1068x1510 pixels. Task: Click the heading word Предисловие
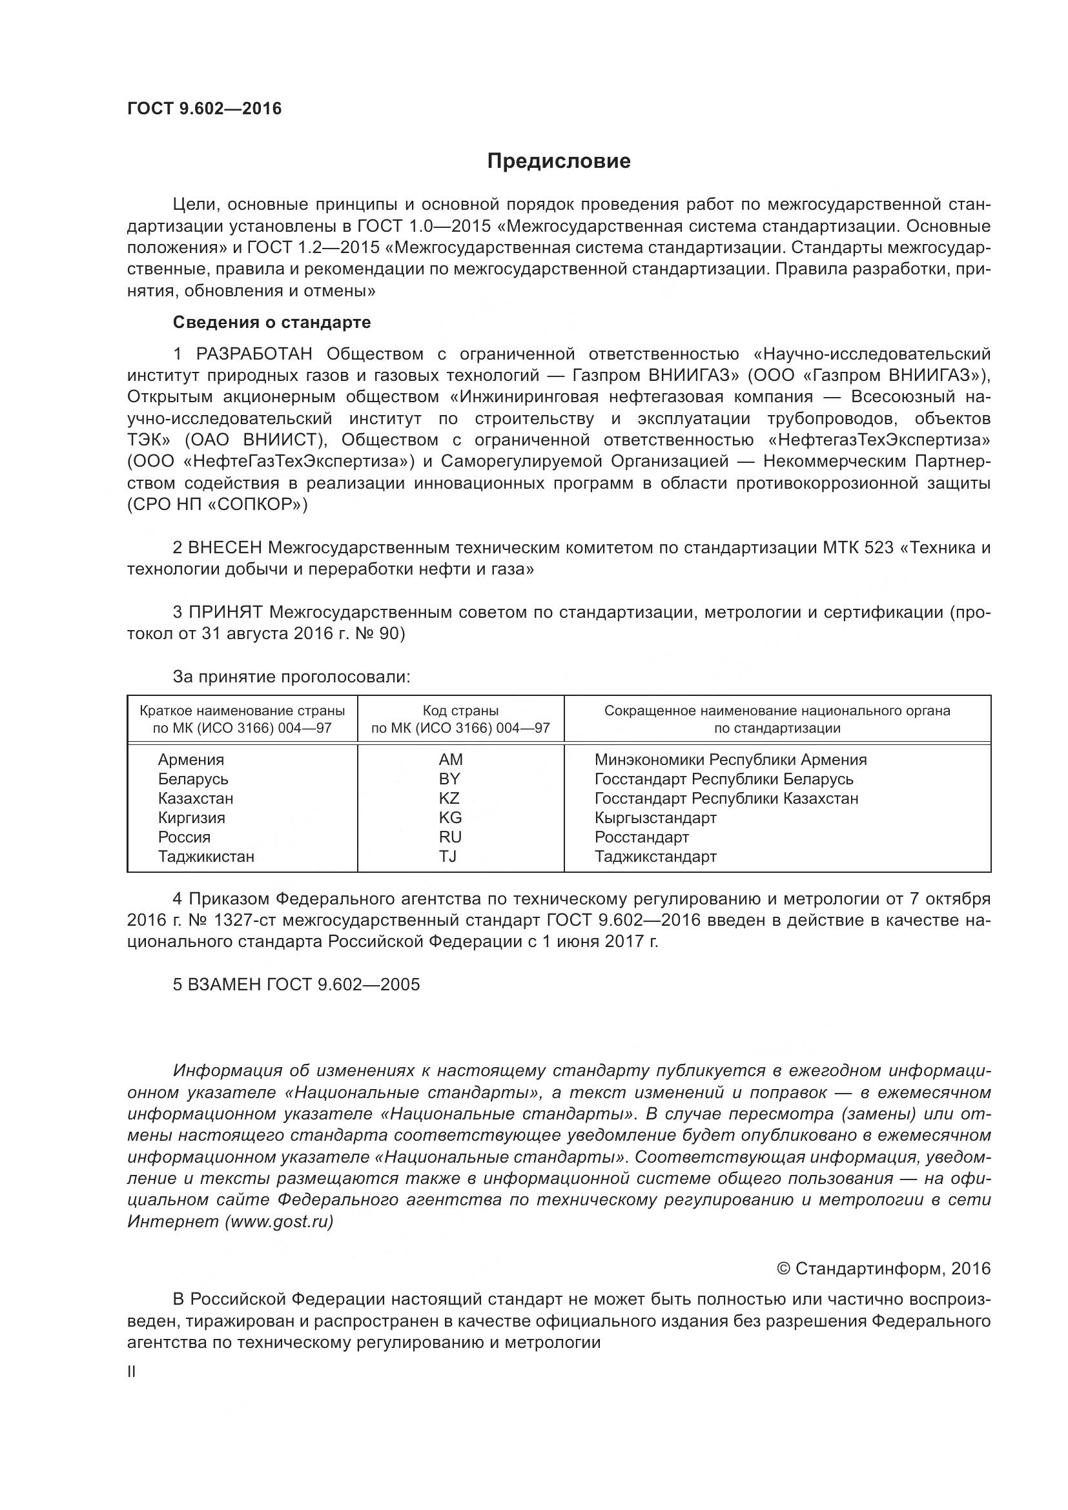(x=559, y=161)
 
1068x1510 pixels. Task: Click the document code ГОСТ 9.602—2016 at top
(x=204, y=108)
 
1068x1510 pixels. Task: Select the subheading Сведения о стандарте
(x=272, y=322)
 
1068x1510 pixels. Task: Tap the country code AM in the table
(x=451, y=760)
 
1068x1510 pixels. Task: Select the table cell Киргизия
(x=191, y=817)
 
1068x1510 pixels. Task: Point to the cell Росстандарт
(x=641, y=837)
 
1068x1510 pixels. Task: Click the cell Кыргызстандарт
(x=655, y=817)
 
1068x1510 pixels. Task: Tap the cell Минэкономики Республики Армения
(x=730, y=760)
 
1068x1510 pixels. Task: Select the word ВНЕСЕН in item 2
(x=225, y=548)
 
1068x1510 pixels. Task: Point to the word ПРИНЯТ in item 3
(x=225, y=612)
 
